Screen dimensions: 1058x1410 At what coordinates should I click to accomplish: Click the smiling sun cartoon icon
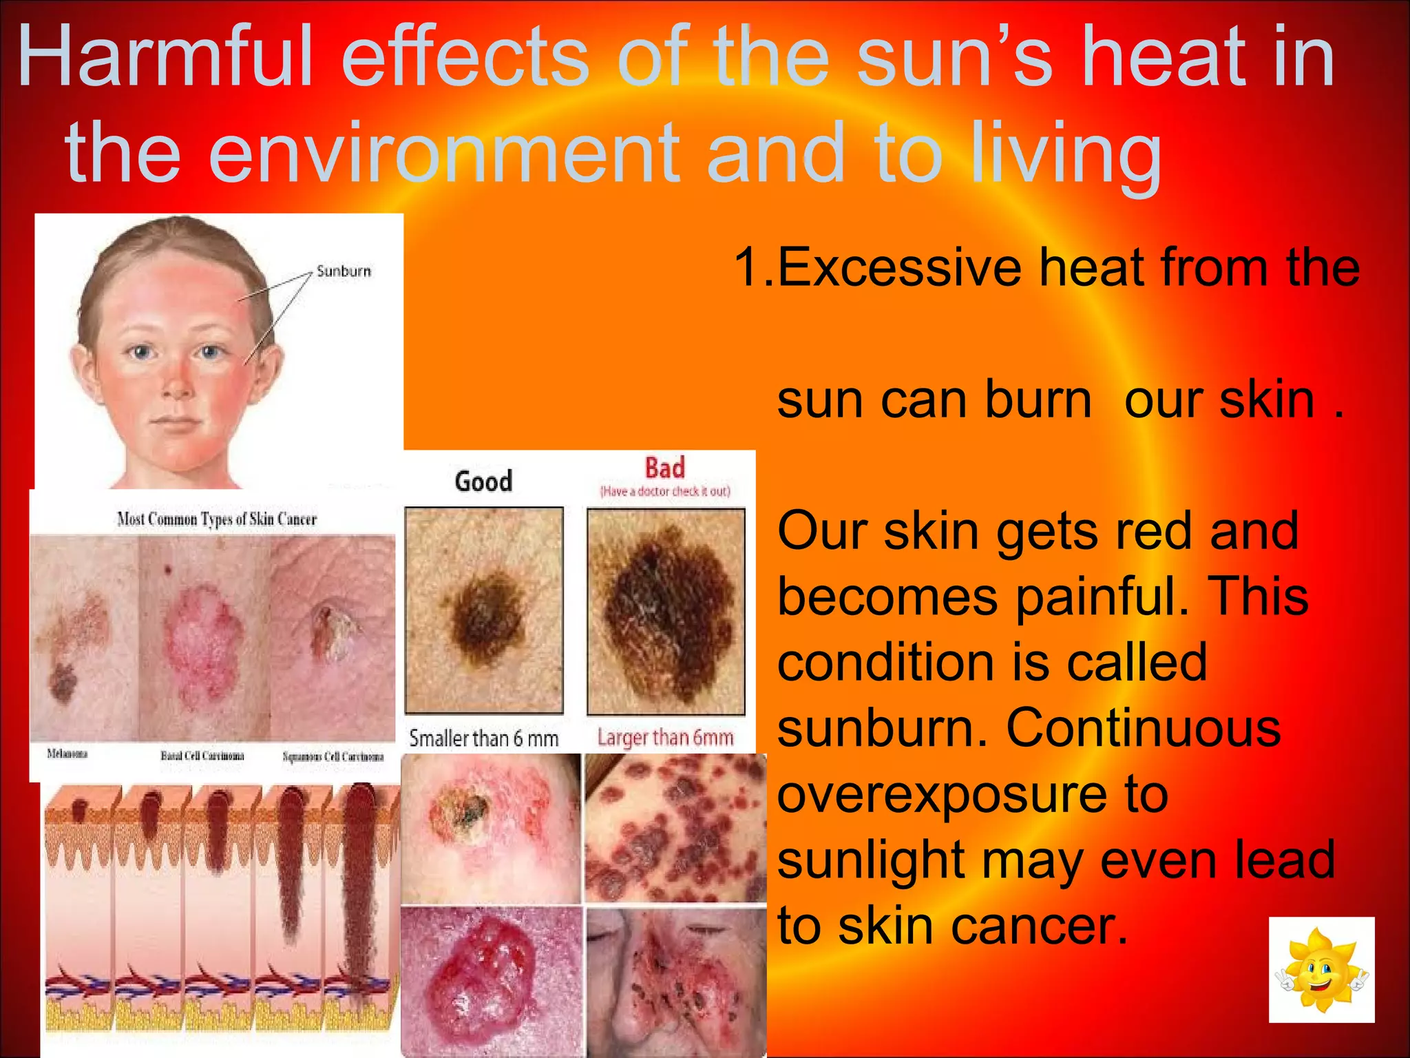click(x=1321, y=969)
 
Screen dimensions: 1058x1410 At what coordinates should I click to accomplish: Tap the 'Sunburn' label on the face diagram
click(x=344, y=271)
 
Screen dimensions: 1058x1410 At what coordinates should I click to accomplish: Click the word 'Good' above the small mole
click(x=483, y=481)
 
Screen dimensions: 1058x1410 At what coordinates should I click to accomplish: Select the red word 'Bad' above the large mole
click(x=664, y=468)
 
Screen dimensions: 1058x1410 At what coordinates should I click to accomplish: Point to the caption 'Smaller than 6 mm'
click(x=483, y=738)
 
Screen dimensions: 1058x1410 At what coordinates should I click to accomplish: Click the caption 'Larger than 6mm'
click(x=664, y=738)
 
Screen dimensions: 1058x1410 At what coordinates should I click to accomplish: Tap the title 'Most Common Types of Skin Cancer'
click(x=217, y=519)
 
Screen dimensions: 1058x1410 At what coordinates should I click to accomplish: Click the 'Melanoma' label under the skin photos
click(x=67, y=754)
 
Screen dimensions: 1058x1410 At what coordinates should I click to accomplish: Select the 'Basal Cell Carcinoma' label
click(x=202, y=756)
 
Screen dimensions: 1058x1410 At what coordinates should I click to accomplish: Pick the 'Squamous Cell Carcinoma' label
click(x=333, y=756)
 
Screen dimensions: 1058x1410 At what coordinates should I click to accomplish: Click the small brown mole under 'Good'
click(x=485, y=612)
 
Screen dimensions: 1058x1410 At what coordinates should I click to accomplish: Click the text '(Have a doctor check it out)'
click(x=664, y=491)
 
